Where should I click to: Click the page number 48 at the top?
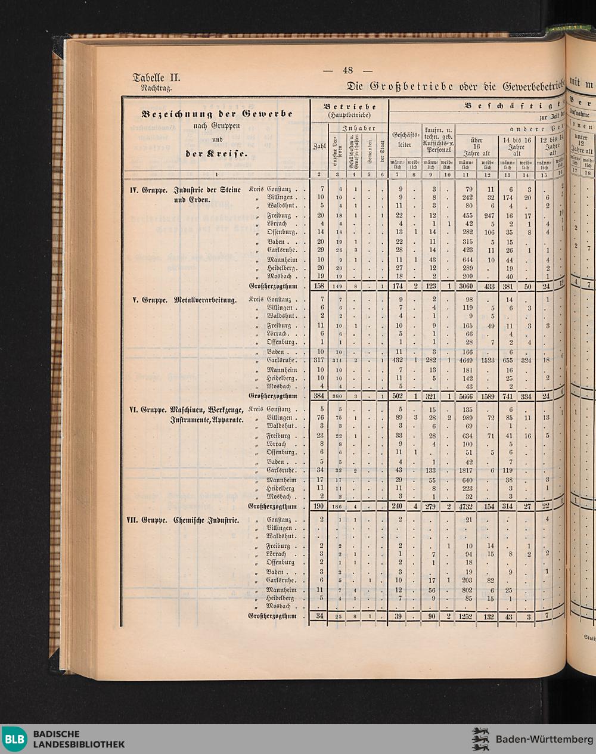click(347, 70)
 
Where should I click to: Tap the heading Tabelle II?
click(156, 77)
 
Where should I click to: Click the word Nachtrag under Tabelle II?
click(156, 88)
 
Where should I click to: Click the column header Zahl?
click(319, 147)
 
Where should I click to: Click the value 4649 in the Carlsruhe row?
click(468, 361)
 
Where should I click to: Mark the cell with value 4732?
click(468, 507)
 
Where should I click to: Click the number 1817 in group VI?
click(468, 470)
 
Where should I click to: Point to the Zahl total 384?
click(320, 396)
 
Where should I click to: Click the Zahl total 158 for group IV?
click(320, 287)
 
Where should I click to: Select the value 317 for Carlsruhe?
click(320, 361)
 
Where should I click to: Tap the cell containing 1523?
click(489, 361)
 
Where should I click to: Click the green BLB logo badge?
click(15, 740)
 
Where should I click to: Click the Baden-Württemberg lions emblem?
click(480, 739)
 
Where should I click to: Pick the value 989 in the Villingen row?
click(468, 418)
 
